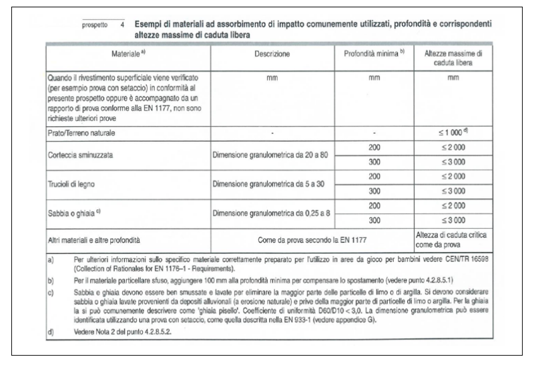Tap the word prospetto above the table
(x=94, y=27)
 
